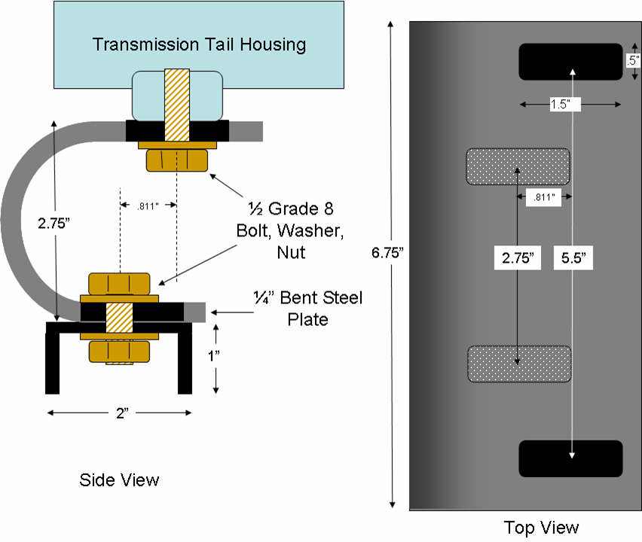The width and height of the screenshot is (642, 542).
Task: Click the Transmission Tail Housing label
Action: [199, 44]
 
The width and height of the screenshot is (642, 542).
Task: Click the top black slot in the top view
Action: [570, 61]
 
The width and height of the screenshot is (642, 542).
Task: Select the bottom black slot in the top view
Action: [570, 458]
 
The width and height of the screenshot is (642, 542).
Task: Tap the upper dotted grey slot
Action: [517, 166]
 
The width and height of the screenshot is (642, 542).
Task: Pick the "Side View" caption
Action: [119, 480]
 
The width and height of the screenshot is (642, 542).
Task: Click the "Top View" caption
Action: [541, 526]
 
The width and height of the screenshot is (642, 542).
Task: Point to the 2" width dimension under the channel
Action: [119, 413]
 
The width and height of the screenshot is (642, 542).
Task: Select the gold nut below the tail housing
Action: [176, 160]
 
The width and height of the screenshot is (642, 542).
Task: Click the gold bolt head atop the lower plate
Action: [122, 283]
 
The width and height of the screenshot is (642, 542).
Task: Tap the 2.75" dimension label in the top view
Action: [518, 258]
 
